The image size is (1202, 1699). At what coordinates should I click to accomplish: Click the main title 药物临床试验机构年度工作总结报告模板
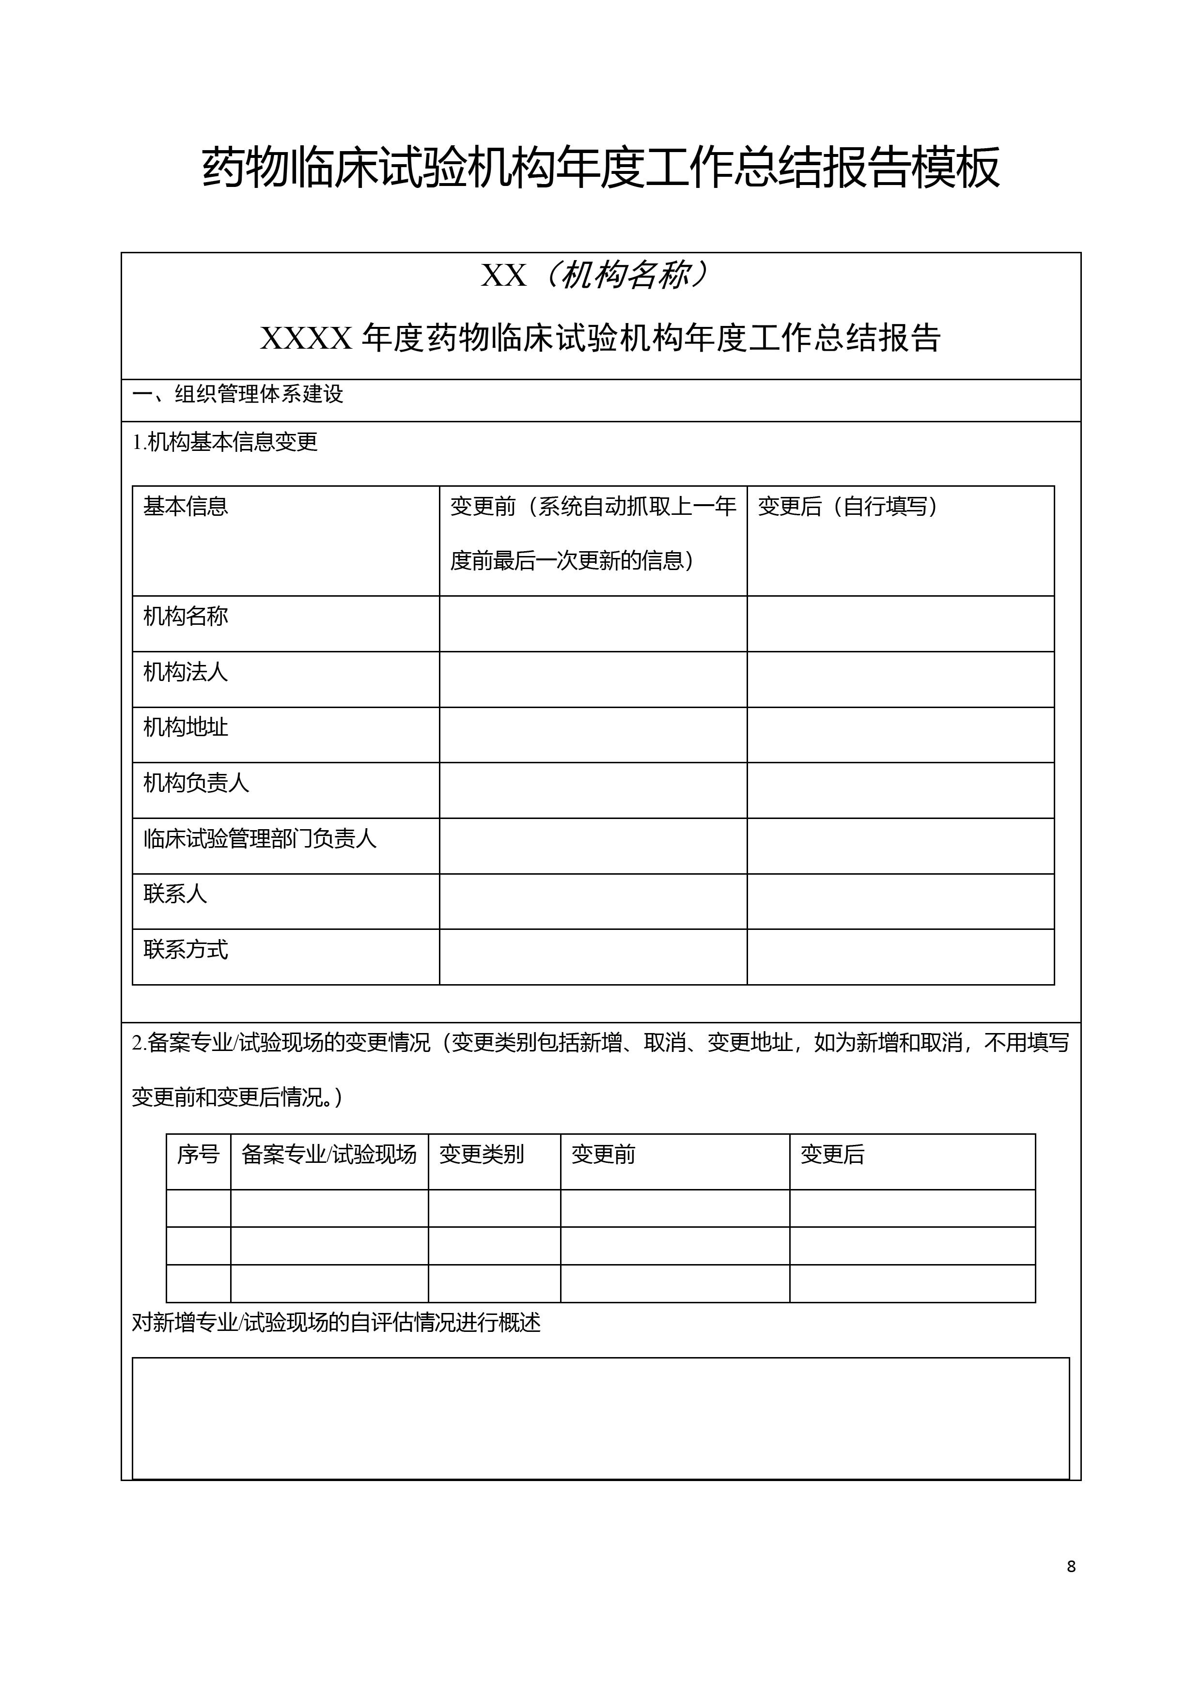(x=600, y=167)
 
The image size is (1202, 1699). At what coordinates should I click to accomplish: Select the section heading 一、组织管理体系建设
(x=237, y=394)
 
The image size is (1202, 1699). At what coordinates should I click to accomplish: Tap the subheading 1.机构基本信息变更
(x=225, y=443)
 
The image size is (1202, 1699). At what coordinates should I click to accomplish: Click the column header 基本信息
(x=186, y=507)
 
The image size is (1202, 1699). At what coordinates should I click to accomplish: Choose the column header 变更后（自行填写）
(x=848, y=507)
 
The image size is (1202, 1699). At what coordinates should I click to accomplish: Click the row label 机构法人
(x=186, y=672)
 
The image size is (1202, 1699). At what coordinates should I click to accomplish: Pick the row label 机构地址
(x=186, y=727)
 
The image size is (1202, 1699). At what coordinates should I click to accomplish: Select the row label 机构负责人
(x=196, y=783)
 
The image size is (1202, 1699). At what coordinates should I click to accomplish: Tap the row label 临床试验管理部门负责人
(x=260, y=838)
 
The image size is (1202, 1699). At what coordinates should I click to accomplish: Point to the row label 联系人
(x=175, y=894)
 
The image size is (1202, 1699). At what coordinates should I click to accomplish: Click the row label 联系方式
(x=186, y=949)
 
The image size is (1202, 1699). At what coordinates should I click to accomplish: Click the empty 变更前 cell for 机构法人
(x=593, y=680)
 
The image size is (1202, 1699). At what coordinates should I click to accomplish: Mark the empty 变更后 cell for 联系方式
(x=900, y=957)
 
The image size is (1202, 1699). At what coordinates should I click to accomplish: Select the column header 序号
(x=198, y=1154)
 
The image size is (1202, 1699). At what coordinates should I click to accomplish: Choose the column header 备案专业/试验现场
(x=329, y=1154)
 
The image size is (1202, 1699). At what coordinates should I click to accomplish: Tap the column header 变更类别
(x=482, y=1154)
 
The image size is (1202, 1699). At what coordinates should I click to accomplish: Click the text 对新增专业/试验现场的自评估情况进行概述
(x=336, y=1322)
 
